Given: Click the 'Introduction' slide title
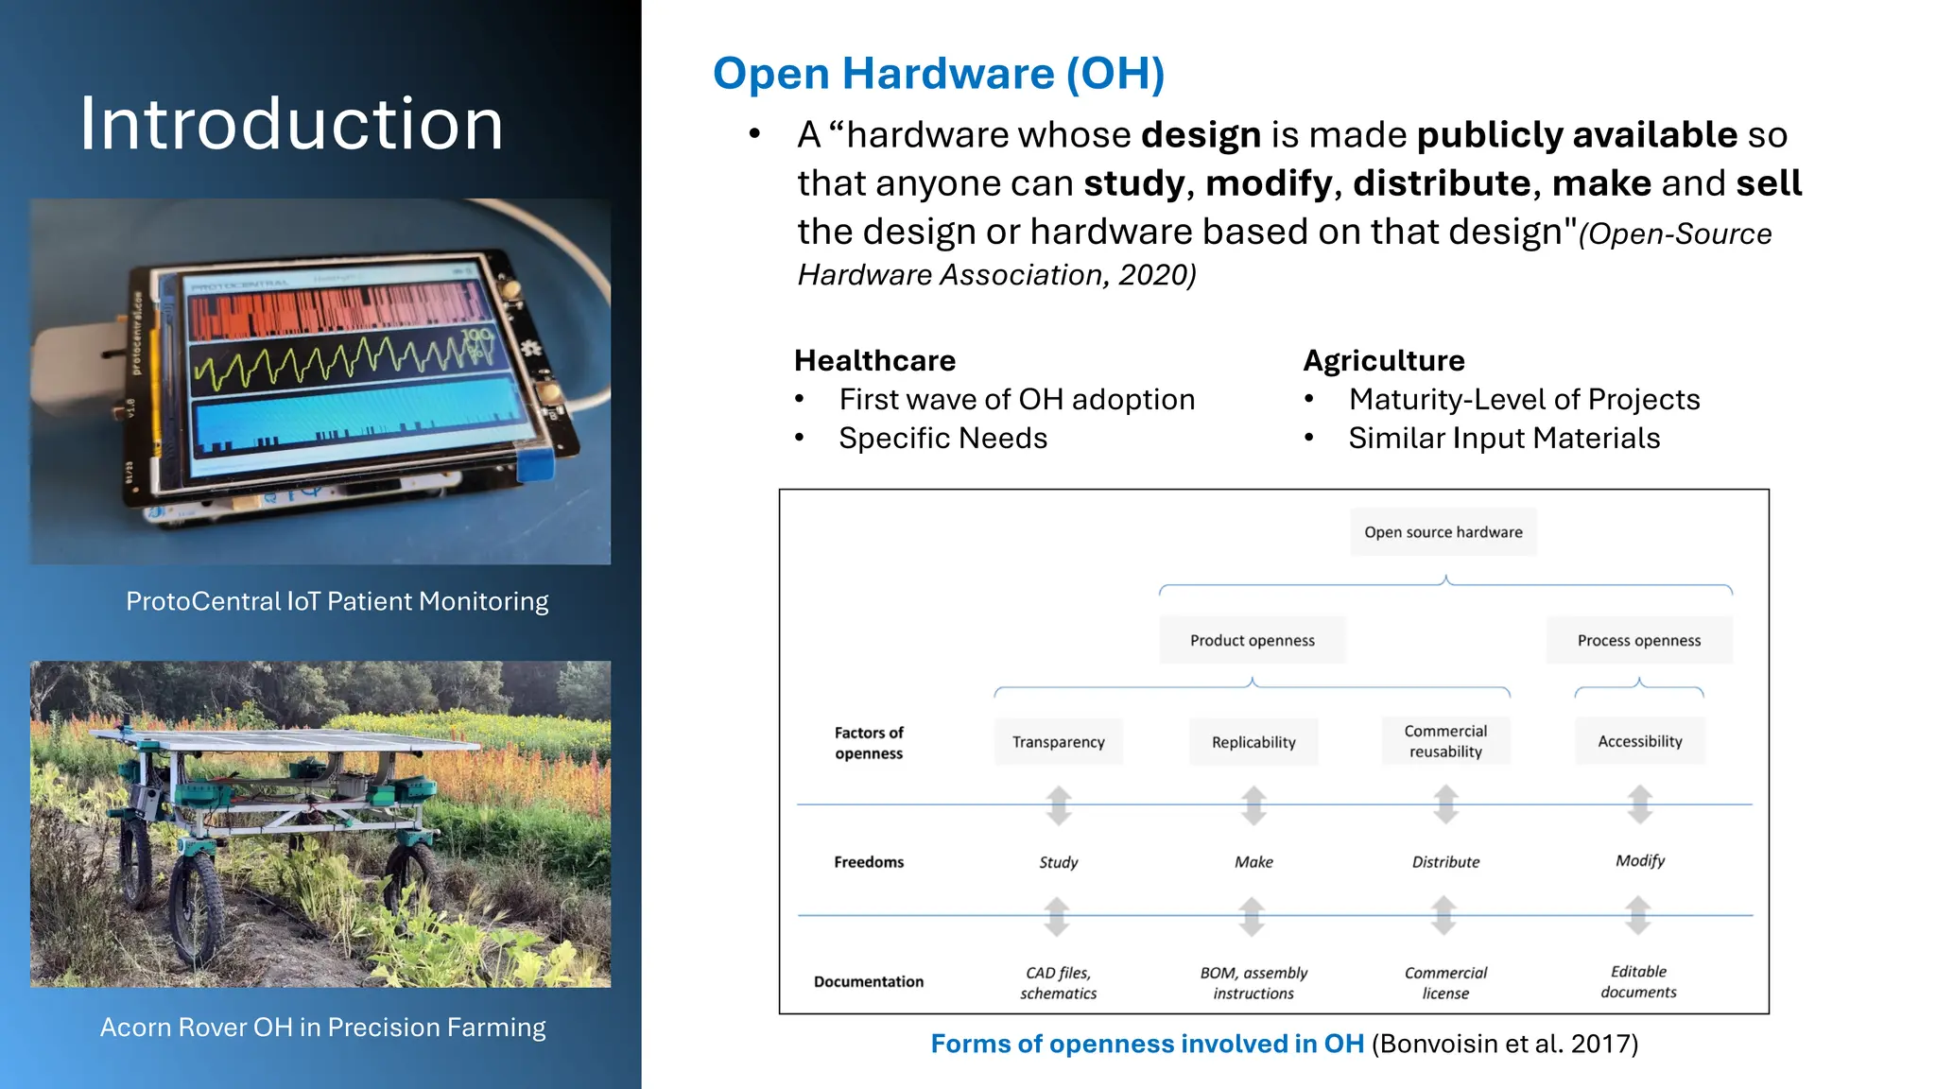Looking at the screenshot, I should (291, 124).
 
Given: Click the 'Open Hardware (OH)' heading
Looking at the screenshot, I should (938, 74).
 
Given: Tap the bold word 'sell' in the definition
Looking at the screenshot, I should (1769, 183).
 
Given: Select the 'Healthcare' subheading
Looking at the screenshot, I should (874, 361).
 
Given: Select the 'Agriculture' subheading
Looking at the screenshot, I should (1383, 361).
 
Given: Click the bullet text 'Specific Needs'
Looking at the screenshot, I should (942, 439).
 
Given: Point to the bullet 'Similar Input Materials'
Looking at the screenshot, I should (1503, 439).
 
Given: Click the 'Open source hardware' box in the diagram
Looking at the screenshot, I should (1443, 532).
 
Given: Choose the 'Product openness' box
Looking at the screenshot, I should (1252, 641).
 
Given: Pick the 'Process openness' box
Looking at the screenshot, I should (1638, 641).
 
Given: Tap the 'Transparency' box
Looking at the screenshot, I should (1058, 742).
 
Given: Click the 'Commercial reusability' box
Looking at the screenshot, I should (1445, 741).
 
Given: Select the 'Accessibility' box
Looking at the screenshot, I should (1639, 741).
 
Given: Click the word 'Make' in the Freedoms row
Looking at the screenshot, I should (1253, 862).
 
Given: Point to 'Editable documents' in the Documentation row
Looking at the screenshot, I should (1638, 982).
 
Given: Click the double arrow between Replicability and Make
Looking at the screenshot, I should (1253, 804).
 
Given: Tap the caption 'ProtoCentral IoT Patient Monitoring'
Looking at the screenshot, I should (337, 602).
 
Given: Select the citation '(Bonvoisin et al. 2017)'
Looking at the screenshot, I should (1504, 1044).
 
